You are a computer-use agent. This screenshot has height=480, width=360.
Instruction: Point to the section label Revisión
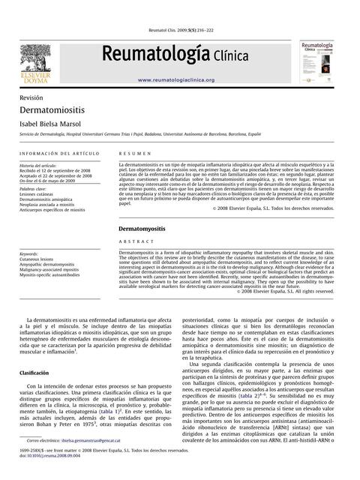tap(31, 98)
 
